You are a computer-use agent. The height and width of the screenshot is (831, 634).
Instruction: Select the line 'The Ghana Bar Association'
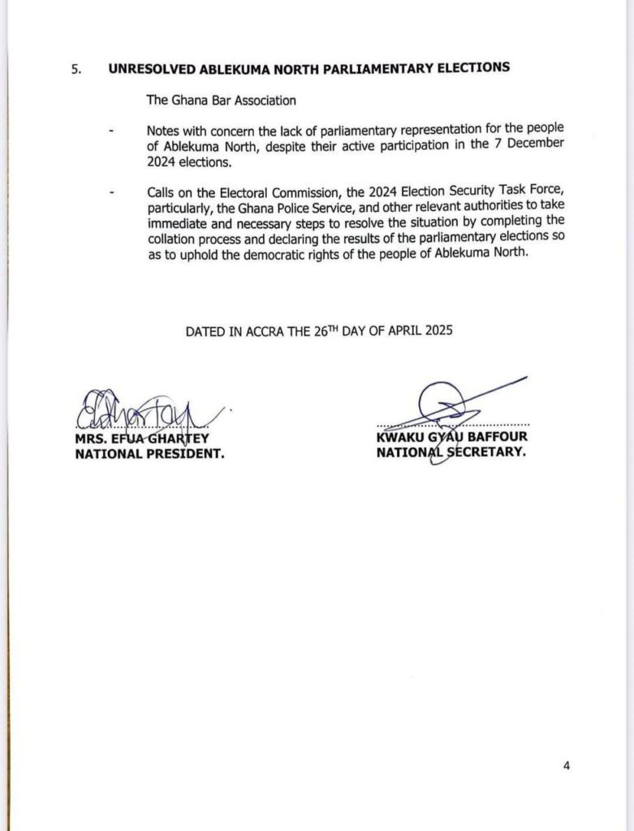pos(209,101)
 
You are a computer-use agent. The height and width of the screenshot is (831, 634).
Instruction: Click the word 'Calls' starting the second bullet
pos(162,192)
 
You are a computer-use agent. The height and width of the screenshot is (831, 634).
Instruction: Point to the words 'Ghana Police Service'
pos(264,208)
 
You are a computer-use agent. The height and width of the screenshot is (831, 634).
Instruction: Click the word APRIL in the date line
pos(381,331)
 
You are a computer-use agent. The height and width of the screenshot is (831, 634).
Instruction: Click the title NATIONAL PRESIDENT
pos(149,454)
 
